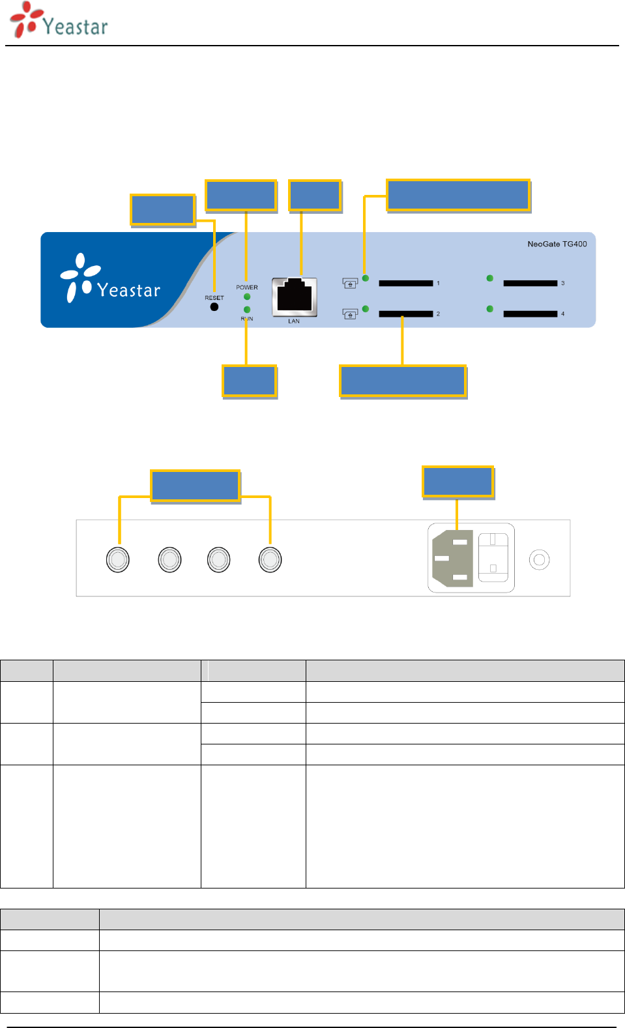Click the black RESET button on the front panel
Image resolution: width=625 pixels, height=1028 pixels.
214,307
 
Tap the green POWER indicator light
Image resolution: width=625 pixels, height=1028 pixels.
247,297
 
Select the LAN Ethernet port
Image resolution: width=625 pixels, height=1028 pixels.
295,297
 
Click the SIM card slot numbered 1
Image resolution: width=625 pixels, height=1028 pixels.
405,283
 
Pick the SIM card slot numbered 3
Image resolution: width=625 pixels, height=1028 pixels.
531,283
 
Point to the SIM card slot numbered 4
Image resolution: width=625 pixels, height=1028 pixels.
531,314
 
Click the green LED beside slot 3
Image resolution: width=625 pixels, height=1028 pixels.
490,278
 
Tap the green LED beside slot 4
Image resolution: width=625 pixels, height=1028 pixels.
490,309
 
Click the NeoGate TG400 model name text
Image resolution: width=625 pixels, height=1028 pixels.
557,244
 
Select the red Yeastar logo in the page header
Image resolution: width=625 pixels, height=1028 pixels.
59,21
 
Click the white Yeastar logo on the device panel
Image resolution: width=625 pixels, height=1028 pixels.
110,278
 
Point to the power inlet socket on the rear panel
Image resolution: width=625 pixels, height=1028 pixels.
452,558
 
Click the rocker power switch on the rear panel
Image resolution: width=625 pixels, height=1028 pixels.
493,557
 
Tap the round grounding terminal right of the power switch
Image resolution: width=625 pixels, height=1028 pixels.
539,560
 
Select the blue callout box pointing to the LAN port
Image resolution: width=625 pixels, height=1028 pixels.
315,196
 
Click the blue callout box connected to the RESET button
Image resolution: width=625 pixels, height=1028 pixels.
163,210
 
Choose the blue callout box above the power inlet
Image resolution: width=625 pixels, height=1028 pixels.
458,482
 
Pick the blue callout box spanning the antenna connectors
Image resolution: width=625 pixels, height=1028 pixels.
196,486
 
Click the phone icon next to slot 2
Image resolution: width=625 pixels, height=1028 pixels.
350,314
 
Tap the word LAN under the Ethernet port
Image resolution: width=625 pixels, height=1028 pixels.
294,321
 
